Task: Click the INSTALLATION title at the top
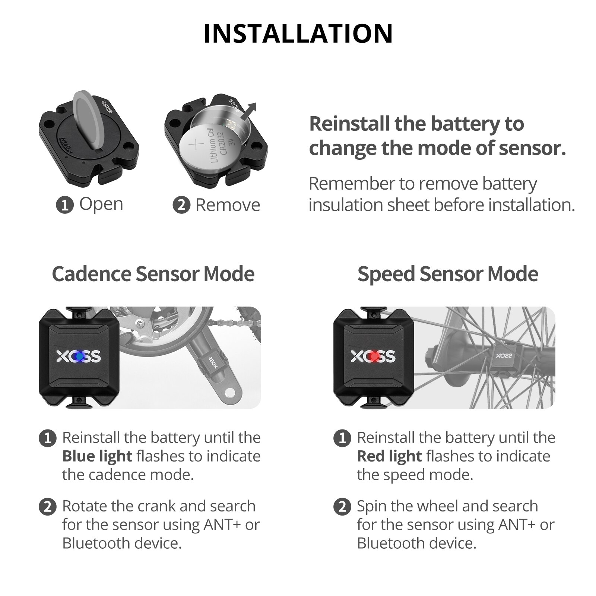tap(298, 34)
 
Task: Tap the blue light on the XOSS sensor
tap(79, 356)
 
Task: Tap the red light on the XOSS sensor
tap(374, 356)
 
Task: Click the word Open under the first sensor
tap(101, 204)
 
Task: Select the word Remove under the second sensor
tap(228, 205)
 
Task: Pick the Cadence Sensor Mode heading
tap(153, 274)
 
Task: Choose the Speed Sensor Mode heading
tap(448, 274)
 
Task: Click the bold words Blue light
tap(97, 456)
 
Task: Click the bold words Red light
tap(389, 456)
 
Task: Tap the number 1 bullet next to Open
tap(64, 205)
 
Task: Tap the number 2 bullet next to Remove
tap(181, 205)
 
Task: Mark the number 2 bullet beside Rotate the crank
tap(47, 507)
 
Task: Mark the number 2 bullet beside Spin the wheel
tap(342, 507)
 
